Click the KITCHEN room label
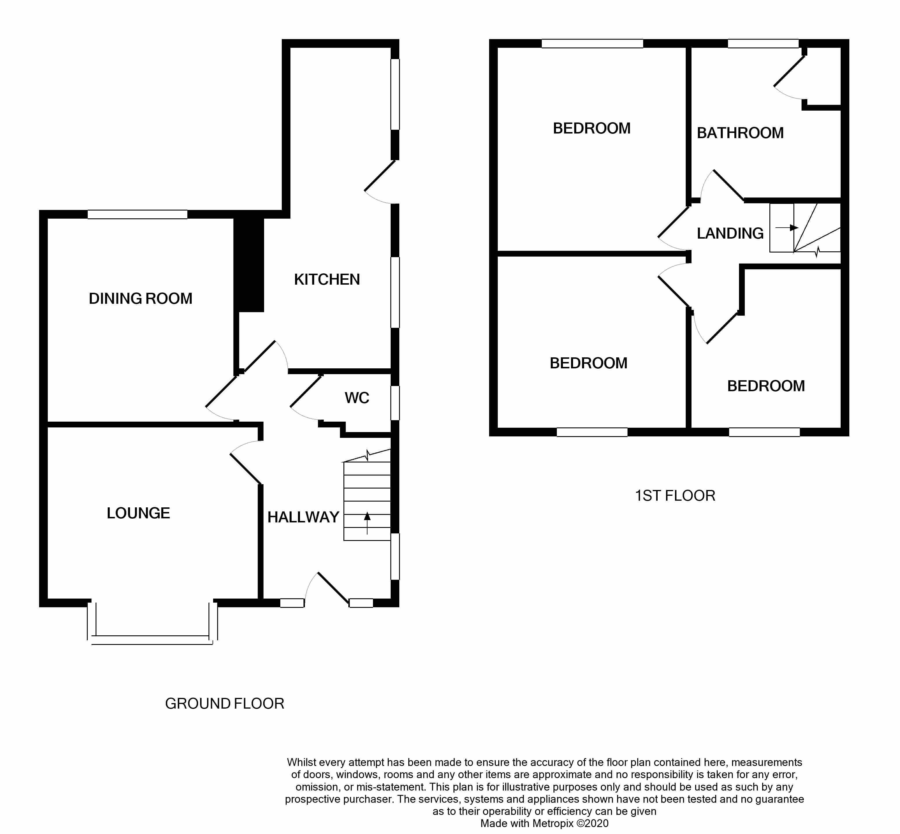click(x=327, y=279)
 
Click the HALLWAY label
click(x=303, y=517)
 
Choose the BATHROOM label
click(x=740, y=133)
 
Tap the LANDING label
click(x=730, y=233)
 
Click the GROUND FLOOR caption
click(x=224, y=704)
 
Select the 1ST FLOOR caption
click(x=675, y=496)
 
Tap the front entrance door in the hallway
click(x=333, y=588)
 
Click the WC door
click(x=306, y=391)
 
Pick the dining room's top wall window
click(x=137, y=214)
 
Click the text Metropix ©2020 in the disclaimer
click(x=570, y=823)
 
